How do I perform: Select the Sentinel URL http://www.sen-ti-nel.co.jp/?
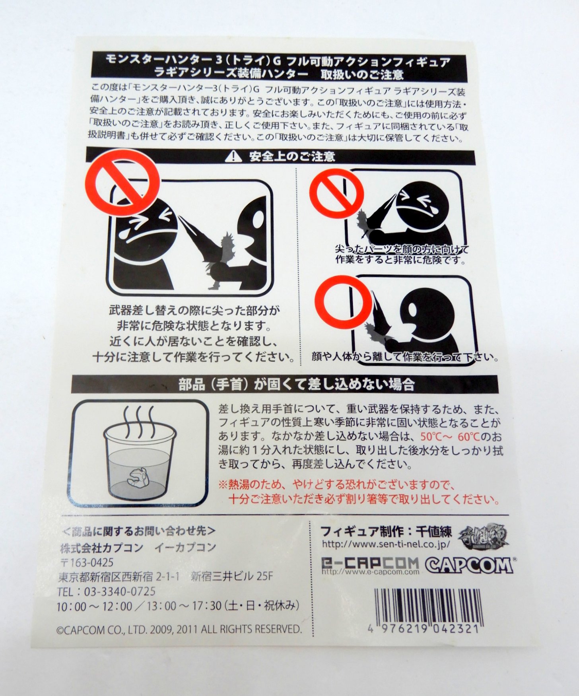386,544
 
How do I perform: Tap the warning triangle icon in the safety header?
233,157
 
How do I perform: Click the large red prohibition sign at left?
122,183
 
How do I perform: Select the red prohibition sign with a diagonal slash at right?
336,193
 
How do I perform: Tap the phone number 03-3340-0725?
119,591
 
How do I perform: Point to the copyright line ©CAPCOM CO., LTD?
179,629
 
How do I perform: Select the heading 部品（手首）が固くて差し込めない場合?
296,385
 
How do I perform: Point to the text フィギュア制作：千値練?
386,531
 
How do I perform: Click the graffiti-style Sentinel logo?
483,535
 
